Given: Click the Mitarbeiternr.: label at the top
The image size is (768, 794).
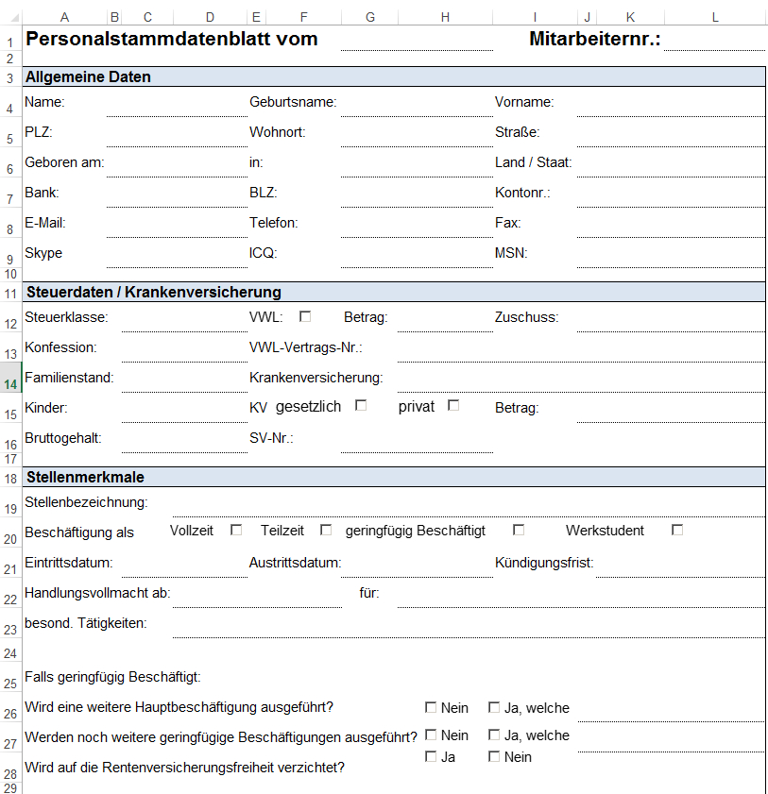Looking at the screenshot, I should click(594, 39).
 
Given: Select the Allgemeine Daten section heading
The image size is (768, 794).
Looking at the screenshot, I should click(87, 77).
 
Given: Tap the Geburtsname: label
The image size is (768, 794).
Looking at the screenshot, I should click(293, 102).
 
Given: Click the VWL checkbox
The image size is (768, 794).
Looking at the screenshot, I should click(305, 316).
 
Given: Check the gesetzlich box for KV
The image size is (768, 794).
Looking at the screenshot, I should click(361, 406).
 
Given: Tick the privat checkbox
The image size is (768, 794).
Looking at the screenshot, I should click(453, 406).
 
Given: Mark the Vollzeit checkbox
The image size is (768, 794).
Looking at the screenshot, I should click(236, 530).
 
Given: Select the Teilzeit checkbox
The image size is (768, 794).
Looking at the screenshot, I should click(326, 530).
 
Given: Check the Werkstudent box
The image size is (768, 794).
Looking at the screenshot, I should click(677, 530).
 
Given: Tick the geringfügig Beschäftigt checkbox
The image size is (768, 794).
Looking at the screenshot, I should click(519, 530).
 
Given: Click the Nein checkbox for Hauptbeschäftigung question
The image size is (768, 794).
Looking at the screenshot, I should click(431, 707).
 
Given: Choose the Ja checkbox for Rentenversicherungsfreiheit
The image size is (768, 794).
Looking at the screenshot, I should click(431, 756).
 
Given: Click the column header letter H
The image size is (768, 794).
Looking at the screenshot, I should click(444, 17).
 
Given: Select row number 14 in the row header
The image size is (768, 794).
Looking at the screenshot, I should click(10, 383).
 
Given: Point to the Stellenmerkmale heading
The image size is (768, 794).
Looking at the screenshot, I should click(85, 478).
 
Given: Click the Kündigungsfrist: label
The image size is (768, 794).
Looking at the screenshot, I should click(544, 563).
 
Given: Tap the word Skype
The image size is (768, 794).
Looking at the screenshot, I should click(43, 253).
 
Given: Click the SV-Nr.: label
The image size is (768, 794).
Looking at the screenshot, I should click(271, 438).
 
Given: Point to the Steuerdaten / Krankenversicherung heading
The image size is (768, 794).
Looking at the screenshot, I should click(154, 293).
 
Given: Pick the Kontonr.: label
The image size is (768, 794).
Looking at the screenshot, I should click(522, 193).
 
